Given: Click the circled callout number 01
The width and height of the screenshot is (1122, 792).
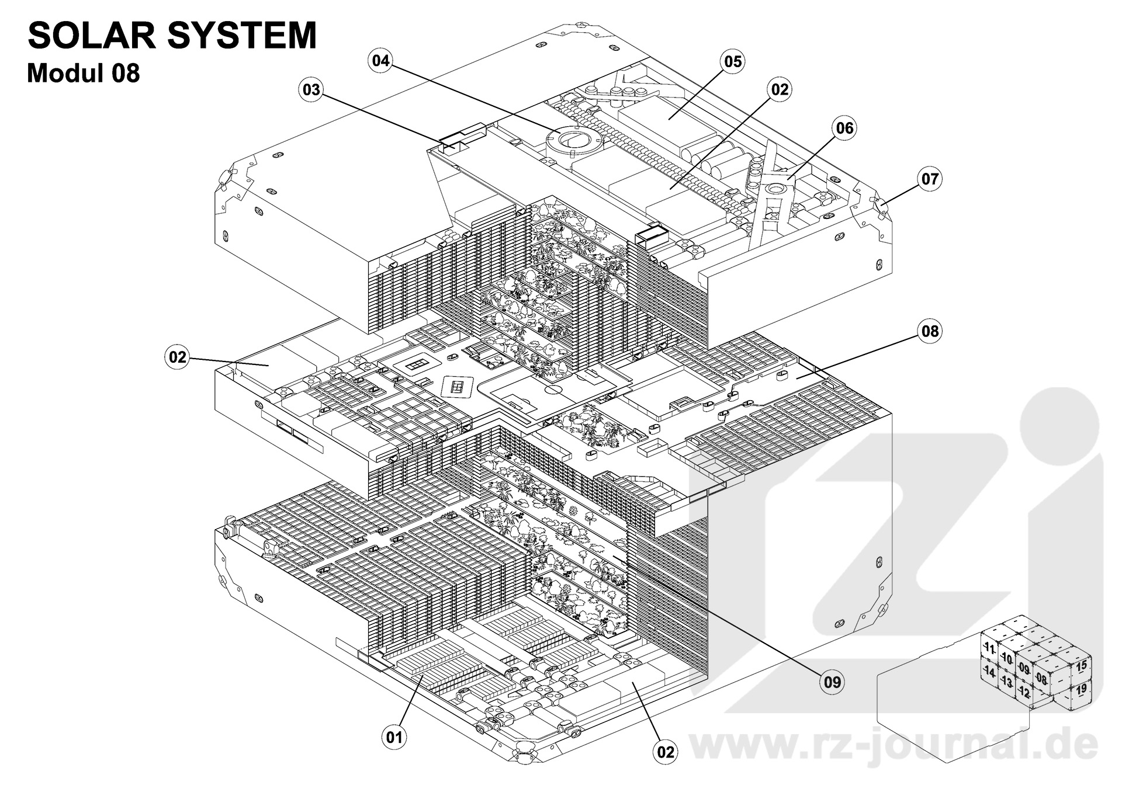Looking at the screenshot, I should click(394, 737).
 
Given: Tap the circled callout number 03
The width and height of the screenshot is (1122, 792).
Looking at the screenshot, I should click(311, 89).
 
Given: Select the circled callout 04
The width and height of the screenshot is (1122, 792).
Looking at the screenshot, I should click(381, 61).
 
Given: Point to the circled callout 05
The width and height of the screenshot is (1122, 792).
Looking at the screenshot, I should click(733, 61).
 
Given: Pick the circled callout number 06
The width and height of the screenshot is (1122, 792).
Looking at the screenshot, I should click(845, 128).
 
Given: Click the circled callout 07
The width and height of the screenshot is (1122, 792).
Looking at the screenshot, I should click(930, 178).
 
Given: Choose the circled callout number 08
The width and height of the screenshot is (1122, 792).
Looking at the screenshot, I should click(930, 331).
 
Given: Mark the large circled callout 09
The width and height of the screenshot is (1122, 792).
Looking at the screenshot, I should click(832, 681).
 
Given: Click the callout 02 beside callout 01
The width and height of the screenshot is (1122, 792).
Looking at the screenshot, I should click(666, 752).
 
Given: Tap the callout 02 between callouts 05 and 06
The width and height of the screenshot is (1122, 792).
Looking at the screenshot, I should click(780, 89).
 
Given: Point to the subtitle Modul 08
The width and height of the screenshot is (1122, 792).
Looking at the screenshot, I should click(84, 74).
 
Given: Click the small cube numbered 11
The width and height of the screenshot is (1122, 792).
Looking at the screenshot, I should click(989, 648).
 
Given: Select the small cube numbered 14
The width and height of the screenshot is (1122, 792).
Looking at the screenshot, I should click(989, 672).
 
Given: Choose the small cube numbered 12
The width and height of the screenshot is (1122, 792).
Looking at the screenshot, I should click(1024, 693).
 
